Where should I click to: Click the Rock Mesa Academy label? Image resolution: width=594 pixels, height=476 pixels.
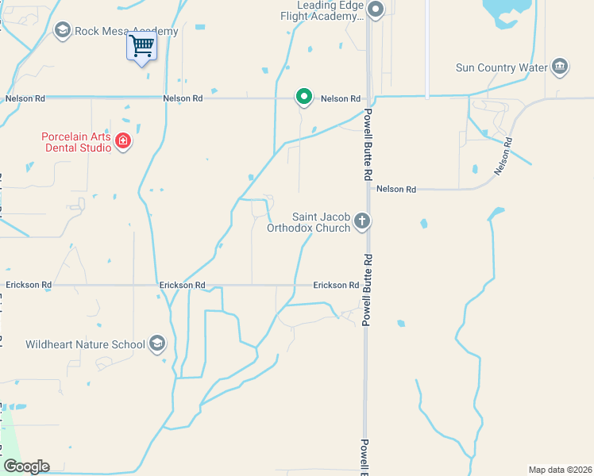click(126, 31)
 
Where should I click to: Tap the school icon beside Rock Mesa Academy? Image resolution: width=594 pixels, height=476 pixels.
click(62, 30)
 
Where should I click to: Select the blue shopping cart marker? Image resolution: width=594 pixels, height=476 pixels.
click(141, 47)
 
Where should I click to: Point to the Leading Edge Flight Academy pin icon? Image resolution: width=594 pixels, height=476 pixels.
click(376, 10)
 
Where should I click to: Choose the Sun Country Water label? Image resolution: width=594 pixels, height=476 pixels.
click(502, 67)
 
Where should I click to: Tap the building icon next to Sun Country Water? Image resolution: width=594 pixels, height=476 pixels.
click(560, 66)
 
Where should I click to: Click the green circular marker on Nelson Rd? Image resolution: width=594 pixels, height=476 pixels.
click(303, 97)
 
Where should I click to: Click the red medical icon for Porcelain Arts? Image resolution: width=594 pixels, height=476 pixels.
click(122, 142)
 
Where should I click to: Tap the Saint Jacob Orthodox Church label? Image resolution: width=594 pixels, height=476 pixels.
click(321, 222)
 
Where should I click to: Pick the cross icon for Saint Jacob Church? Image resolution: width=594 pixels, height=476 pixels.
click(362, 221)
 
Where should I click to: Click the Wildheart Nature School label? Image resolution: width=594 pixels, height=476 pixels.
click(85, 344)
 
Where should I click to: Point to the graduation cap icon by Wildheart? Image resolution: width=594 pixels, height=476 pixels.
click(157, 344)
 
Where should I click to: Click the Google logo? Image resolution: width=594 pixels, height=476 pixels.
click(26, 466)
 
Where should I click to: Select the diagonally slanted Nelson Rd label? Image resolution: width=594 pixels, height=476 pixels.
click(503, 156)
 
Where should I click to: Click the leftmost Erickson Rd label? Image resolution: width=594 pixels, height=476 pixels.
click(29, 285)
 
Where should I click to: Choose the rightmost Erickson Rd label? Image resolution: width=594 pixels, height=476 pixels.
click(336, 285)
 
